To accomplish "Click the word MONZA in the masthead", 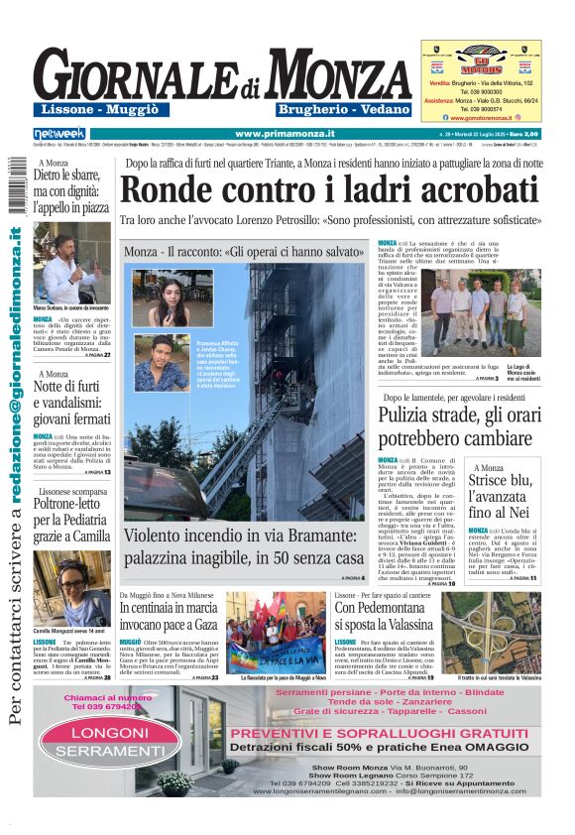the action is click(x=339, y=76).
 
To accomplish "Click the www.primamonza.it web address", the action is click(x=285, y=133).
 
